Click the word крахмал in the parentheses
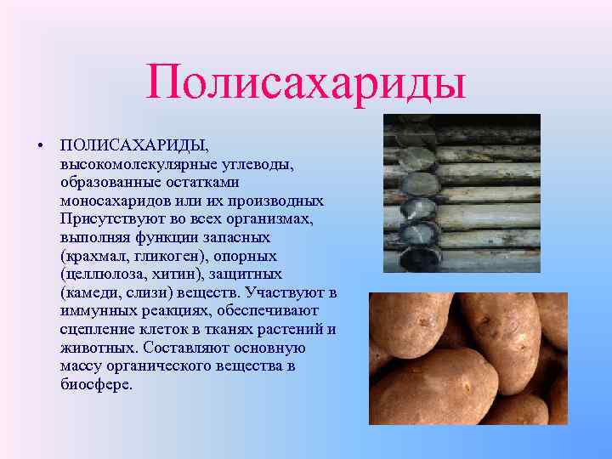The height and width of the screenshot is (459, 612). [96, 256]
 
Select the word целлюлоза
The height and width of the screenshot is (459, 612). [102, 275]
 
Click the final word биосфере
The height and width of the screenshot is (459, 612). [96, 385]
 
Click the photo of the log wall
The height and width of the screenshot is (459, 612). [462, 193]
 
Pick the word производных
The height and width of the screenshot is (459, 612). [282, 201]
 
